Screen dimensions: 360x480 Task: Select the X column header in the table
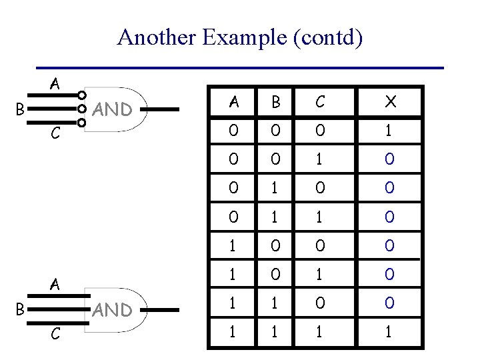click(391, 101)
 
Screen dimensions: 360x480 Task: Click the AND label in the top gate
click(111, 109)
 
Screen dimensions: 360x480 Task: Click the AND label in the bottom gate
click(111, 310)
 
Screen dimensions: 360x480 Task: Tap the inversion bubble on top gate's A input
click(81, 95)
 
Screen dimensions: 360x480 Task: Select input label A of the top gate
click(55, 84)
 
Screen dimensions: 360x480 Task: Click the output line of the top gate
click(164, 109)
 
